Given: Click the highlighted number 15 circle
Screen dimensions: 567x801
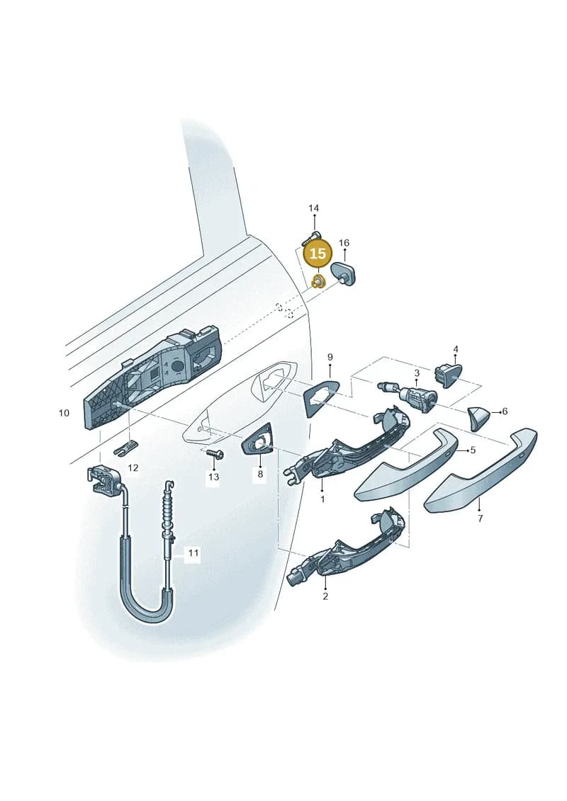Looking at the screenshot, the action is tap(318, 254).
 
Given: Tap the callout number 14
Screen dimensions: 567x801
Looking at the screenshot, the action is tap(313, 208).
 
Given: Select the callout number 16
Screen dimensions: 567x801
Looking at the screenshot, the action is tap(344, 243).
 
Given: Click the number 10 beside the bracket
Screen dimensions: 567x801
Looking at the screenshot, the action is tap(64, 412).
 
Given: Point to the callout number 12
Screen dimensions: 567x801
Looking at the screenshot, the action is tap(133, 468).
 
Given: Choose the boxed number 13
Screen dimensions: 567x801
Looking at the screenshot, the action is tap(213, 477).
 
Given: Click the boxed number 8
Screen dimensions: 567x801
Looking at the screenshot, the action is tap(260, 475).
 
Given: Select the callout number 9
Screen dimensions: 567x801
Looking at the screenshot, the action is tap(330, 356).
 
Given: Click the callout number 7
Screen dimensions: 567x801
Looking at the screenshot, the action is tap(480, 518).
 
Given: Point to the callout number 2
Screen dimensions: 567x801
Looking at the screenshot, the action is tap(326, 596).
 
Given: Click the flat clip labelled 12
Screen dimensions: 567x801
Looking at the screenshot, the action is tap(126, 448).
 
